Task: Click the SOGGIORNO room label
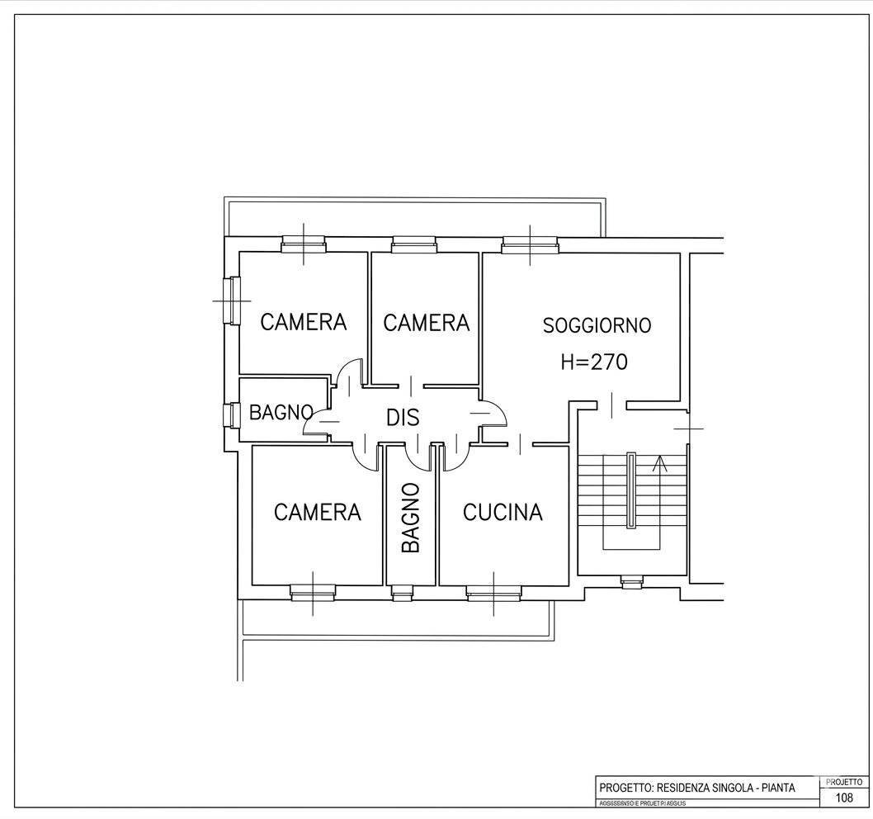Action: [x=597, y=325]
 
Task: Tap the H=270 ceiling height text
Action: [x=593, y=362]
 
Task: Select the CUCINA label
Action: [x=503, y=513]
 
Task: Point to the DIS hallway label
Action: [x=403, y=418]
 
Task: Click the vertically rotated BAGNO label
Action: [x=411, y=518]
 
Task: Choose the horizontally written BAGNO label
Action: [x=281, y=412]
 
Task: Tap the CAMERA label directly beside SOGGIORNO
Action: [x=426, y=323]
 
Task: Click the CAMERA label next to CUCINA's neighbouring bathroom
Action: [x=317, y=513]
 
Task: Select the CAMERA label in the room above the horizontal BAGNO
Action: [x=303, y=322]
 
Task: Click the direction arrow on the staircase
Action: [x=659, y=465]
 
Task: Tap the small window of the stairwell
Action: [x=631, y=583]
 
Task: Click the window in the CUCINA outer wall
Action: [x=493, y=591]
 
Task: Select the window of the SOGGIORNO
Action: [x=531, y=244]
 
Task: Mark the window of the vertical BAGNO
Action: [x=403, y=591]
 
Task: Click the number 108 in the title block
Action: [x=844, y=798]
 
